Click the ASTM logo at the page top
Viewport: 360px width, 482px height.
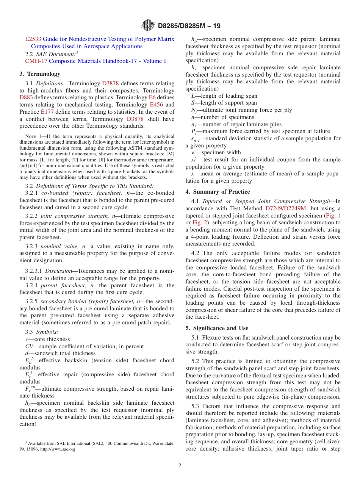tap(148, 26)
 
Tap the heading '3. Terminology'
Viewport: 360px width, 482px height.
tap(40, 74)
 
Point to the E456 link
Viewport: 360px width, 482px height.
tap(157, 105)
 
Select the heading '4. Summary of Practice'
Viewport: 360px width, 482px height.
tap(218, 192)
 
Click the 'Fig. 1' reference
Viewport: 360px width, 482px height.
tap(333, 215)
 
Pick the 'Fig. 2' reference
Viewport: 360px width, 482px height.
tap(200, 222)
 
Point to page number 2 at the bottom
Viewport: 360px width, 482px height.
tap(180, 466)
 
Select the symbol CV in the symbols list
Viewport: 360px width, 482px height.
tap(29, 346)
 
